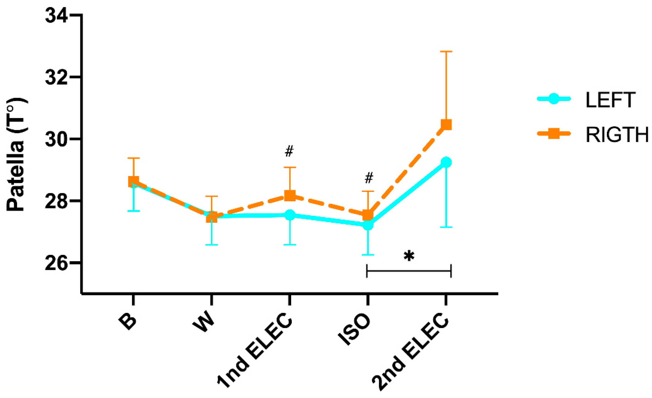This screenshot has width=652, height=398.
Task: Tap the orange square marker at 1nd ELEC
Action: click(290, 196)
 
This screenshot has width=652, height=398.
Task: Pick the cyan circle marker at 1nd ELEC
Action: click(290, 215)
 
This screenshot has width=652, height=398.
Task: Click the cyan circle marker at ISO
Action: click(368, 225)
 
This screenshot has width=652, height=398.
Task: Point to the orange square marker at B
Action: click(134, 182)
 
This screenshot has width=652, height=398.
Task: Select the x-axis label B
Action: click(128, 322)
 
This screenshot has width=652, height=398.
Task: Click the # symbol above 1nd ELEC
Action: click(289, 151)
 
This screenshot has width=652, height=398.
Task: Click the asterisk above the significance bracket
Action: click(409, 256)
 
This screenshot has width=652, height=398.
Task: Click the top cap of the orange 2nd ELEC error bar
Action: click(446, 52)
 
